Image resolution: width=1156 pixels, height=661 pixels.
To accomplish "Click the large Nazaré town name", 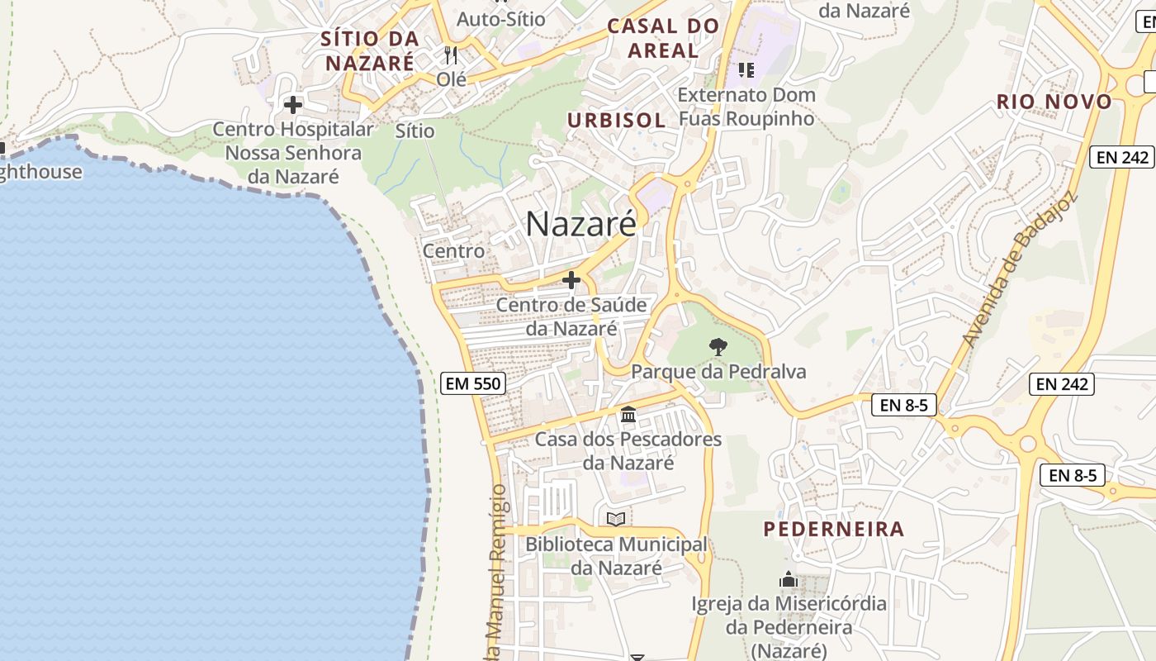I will point(580,223).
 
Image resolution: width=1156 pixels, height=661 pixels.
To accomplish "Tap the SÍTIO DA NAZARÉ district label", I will point(369,50).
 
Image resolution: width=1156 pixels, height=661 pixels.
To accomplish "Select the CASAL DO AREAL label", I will point(663,38).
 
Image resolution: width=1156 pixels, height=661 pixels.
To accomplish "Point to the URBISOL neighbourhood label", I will point(616,120).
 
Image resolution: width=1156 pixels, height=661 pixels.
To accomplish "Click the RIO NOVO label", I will point(1054,102).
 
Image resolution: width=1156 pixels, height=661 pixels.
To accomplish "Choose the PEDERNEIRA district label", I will point(834,529).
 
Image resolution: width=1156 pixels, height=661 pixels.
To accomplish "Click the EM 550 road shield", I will point(473,383).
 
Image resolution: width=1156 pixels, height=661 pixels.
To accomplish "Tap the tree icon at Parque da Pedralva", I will point(718,347).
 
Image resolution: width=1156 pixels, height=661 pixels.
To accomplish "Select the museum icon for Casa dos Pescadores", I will point(628,414).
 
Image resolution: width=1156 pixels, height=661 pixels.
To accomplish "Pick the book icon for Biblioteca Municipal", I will point(616,519).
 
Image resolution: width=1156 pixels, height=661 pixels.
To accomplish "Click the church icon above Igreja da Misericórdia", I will point(789,579).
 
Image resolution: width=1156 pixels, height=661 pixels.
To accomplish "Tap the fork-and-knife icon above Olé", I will point(451,55).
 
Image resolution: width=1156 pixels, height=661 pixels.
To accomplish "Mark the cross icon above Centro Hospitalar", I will point(293,105).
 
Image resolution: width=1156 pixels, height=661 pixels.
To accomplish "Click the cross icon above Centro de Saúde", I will point(571,281).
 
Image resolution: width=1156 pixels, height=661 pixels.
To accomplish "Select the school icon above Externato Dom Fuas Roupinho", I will point(746,70).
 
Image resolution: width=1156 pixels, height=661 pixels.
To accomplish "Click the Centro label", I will point(453,250).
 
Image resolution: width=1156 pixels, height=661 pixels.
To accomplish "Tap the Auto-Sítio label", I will point(501,18).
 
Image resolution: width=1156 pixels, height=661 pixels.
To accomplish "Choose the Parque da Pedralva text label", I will point(718,372).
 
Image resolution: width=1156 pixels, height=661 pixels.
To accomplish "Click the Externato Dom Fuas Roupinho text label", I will point(746,107).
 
